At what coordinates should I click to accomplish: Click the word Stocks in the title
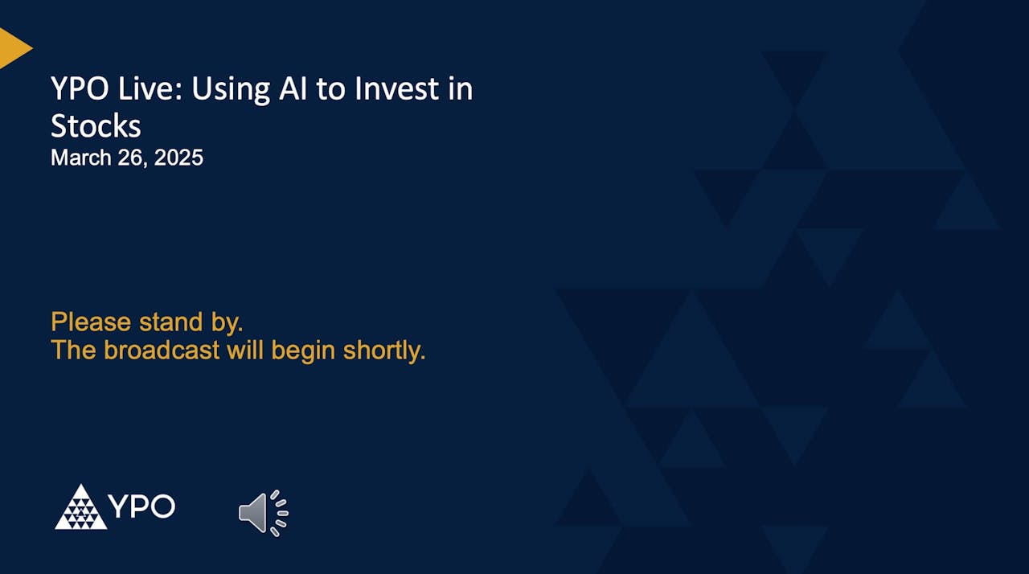coord(96,126)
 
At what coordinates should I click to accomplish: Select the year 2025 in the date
coord(178,158)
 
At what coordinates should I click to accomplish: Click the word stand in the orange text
coord(170,322)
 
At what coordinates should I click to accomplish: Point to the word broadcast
coord(162,351)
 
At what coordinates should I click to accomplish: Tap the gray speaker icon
coord(253,512)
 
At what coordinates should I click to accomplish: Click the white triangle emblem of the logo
coord(80,508)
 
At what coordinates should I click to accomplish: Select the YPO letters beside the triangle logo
coord(141,507)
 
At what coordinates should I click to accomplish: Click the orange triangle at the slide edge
coord(13,48)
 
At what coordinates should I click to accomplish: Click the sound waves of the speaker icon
coord(279,512)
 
